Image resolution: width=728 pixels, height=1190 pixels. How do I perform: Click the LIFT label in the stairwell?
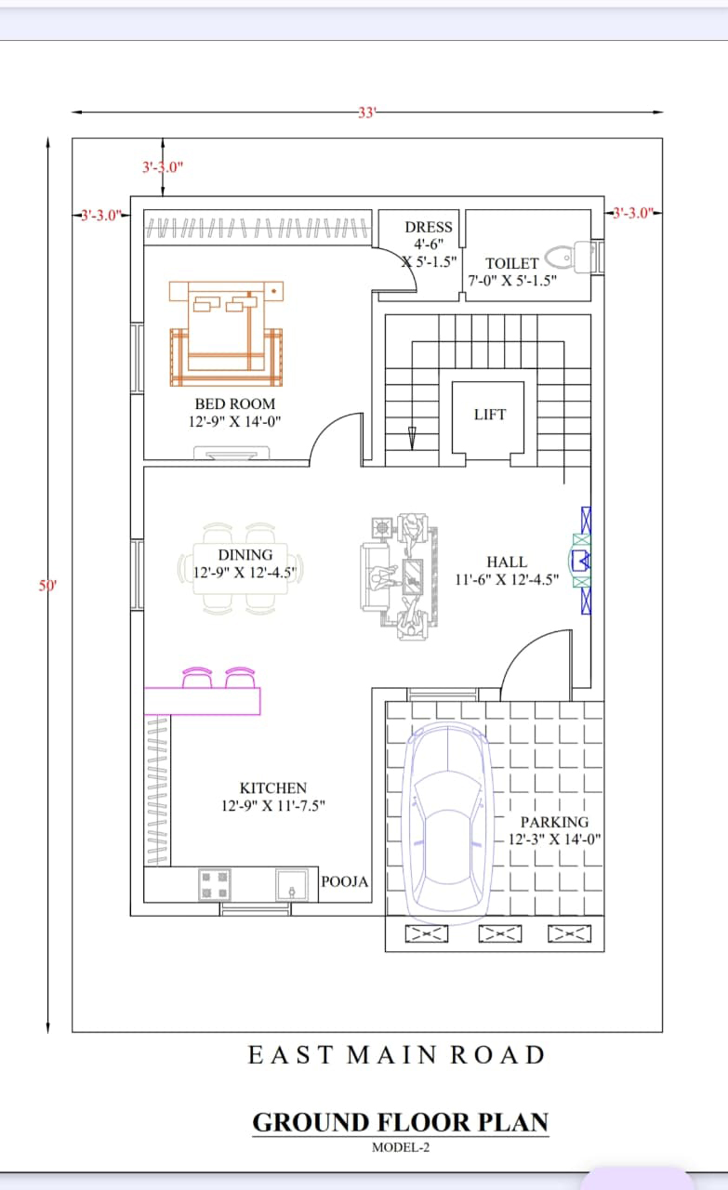[x=490, y=415]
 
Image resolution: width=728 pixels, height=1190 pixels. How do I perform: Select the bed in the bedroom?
[x=226, y=333]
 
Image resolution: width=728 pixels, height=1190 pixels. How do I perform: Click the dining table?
[x=240, y=569]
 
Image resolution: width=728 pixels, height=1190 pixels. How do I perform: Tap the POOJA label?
[x=344, y=882]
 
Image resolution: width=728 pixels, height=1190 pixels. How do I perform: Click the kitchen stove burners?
[x=214, y=884]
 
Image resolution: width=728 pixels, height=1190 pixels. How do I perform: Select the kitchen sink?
[x=292, y=884]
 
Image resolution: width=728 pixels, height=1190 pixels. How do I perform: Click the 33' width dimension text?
[x=366, y=112]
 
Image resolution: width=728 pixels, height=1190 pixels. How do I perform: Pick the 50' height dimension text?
[x=47, y=586]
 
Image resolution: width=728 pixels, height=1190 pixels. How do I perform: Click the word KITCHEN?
[x=273, y=787]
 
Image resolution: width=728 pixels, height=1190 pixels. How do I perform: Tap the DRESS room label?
[x=429, y=227]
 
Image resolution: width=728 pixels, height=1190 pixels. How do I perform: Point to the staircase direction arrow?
[x=412, y=438]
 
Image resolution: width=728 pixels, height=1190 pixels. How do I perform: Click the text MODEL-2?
[x=401, y=1147]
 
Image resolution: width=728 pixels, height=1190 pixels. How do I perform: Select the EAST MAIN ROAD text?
[x=396, y=1055]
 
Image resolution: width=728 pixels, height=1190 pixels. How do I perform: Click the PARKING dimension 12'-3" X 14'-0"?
[x=554, y=840]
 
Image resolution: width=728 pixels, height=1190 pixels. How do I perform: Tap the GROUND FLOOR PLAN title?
[x=400, y=1122]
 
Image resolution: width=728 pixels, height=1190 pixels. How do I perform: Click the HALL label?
[x=507, y=562]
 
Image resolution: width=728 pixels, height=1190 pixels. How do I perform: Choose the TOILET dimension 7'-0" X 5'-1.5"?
[x=512, y=281]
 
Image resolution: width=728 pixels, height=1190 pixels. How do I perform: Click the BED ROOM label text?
[x=235, y=403]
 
